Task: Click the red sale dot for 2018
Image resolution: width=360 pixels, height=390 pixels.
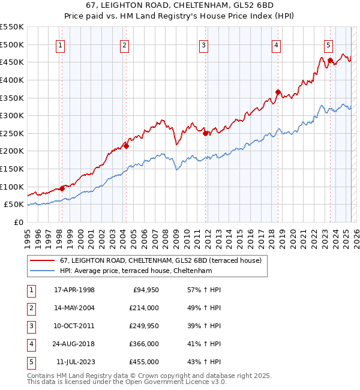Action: (278, 92)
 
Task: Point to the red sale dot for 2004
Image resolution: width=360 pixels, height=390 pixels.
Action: (126, 146)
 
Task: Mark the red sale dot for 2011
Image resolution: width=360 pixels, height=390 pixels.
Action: (205, 133)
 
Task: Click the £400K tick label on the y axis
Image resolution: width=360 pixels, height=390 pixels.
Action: (12, 80)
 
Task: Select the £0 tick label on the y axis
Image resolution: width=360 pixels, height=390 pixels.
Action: (19, 223)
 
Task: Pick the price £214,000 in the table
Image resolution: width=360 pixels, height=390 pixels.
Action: (144, 308)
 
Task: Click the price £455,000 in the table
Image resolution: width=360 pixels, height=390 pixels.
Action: (144, 362)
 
